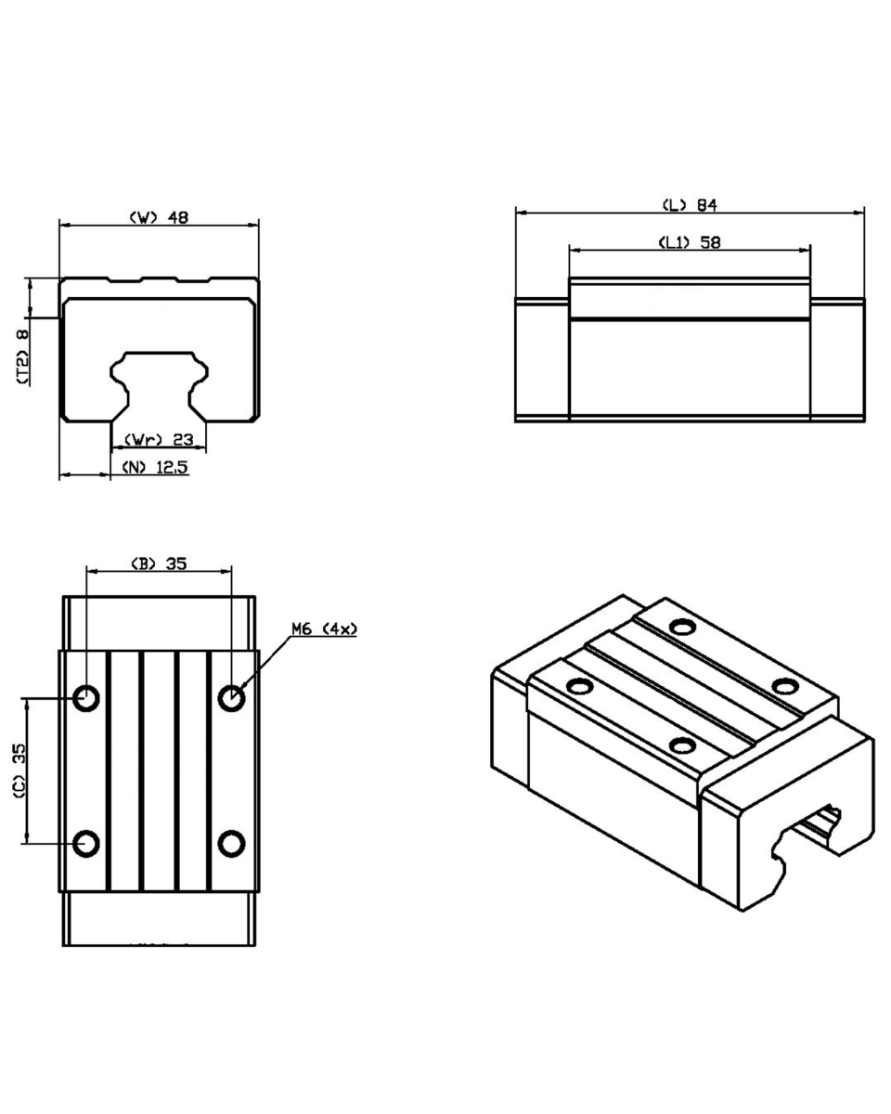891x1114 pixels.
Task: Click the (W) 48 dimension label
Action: pos(159,217)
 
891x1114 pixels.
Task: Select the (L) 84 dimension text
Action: pos(690,205)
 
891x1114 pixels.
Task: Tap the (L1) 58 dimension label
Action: pos(689,242)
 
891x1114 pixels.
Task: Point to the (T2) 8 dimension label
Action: pos(22,356)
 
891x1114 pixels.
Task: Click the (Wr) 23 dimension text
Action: pos(159,439)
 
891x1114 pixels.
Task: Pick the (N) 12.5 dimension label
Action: pos(155,467)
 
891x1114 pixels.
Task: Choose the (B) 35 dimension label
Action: pos(158,563)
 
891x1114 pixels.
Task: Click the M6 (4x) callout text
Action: pos(325,629)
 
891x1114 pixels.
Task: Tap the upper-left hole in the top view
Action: pos(86,698)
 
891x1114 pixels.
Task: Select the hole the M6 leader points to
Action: pos(231,698)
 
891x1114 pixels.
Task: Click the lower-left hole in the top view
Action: pos(86,843)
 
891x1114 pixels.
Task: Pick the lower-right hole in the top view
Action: pos(231,843)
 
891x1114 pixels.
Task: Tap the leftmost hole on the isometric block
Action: pos(580,687)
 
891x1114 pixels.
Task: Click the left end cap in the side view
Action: pos(542,360)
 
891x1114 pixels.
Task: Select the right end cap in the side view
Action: pos(837,360)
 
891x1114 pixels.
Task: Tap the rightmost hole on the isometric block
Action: pos(785,686)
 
